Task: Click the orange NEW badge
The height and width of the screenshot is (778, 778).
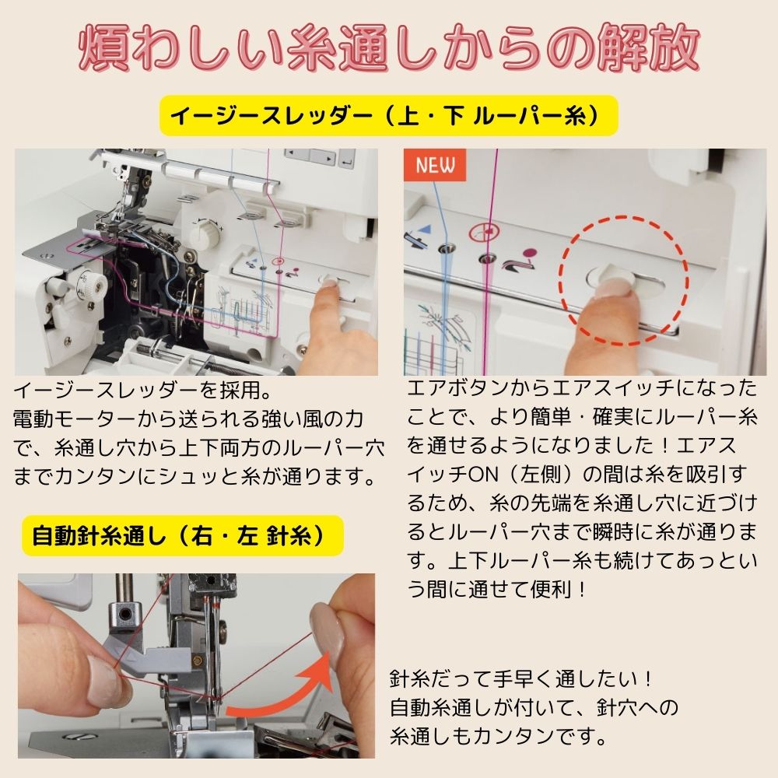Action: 434,165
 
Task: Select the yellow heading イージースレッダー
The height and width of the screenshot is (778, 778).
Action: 387,116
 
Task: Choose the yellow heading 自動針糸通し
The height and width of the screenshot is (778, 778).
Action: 177,536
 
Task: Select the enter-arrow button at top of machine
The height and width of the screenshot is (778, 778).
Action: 347,162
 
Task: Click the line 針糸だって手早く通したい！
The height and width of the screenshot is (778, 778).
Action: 522,679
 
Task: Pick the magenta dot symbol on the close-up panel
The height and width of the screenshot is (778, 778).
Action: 531,252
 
